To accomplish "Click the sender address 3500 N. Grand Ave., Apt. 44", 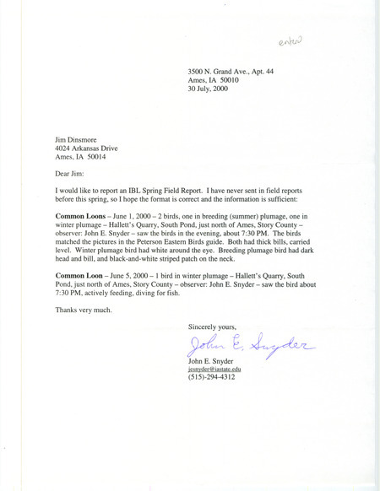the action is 240,73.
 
